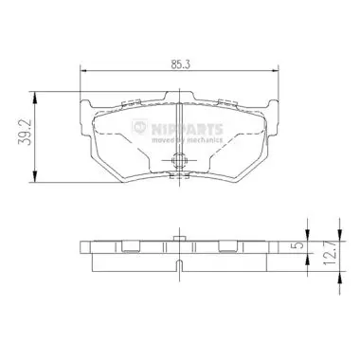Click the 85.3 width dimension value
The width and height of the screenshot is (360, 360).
pyautogui.click(x=180, y=64)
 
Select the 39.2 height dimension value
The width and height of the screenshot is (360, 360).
pyautogui.click(x=25, y=132)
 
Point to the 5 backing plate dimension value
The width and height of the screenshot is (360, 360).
pyautogui.click(x=300, y=244)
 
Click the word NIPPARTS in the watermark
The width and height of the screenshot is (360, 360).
pyautogui.click(x=188, y=129)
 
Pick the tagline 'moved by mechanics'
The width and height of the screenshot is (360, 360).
pyautogui.click(x=188, y=139)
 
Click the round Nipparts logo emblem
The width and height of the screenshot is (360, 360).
pyautogui.click(x=139, y=127)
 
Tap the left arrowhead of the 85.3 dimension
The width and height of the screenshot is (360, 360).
pyautogui.click(x=83, y=71)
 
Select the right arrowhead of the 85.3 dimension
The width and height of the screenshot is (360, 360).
pyautogui.click(x=275, y=71)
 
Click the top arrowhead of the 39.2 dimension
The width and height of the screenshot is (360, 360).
pyautogui.click(x=35, y=97)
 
